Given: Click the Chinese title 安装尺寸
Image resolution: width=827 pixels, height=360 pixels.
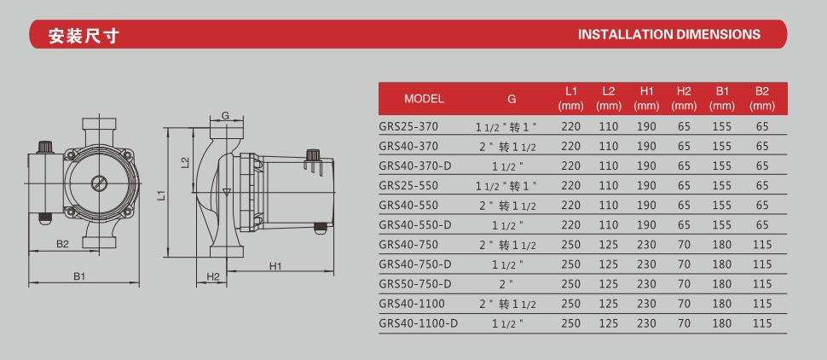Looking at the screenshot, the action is click(x=84, y=35).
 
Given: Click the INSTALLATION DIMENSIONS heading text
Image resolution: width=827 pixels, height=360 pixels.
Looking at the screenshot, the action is click(x=668, y=34).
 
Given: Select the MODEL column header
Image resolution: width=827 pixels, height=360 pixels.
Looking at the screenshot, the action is click(x=424, y=99).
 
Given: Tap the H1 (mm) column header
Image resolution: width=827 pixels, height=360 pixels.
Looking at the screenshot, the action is click(x=646, y=99).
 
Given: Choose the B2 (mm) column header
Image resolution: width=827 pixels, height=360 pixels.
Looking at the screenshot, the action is click(x=762, y=99).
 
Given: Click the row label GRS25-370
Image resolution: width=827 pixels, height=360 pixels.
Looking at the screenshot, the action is click(x=408, y=127).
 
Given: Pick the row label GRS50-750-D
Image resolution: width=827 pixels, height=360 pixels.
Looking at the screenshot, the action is click(x=415, y=284).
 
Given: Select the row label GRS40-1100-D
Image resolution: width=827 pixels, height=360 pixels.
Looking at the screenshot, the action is click(x=419, y=323).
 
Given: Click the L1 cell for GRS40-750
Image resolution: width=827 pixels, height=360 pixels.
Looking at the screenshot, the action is click(x=570, y=244).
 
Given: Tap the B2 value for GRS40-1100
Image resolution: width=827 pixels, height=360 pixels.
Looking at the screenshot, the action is click(x=762, y=304).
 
